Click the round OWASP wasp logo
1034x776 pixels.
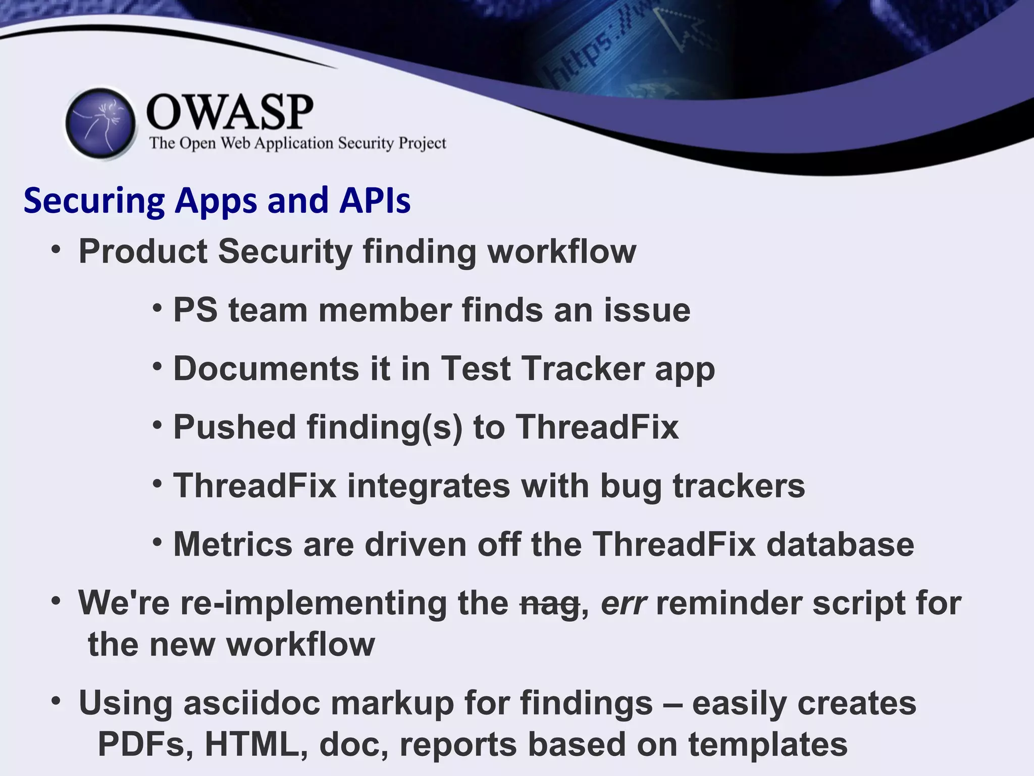click(x=101, y=123)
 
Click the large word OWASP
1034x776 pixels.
click(x=230, y=112)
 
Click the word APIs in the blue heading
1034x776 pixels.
click(x=375, y=201)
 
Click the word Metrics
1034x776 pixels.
click(x=233, y=544)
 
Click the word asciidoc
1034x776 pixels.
click(x=251, y=703)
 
